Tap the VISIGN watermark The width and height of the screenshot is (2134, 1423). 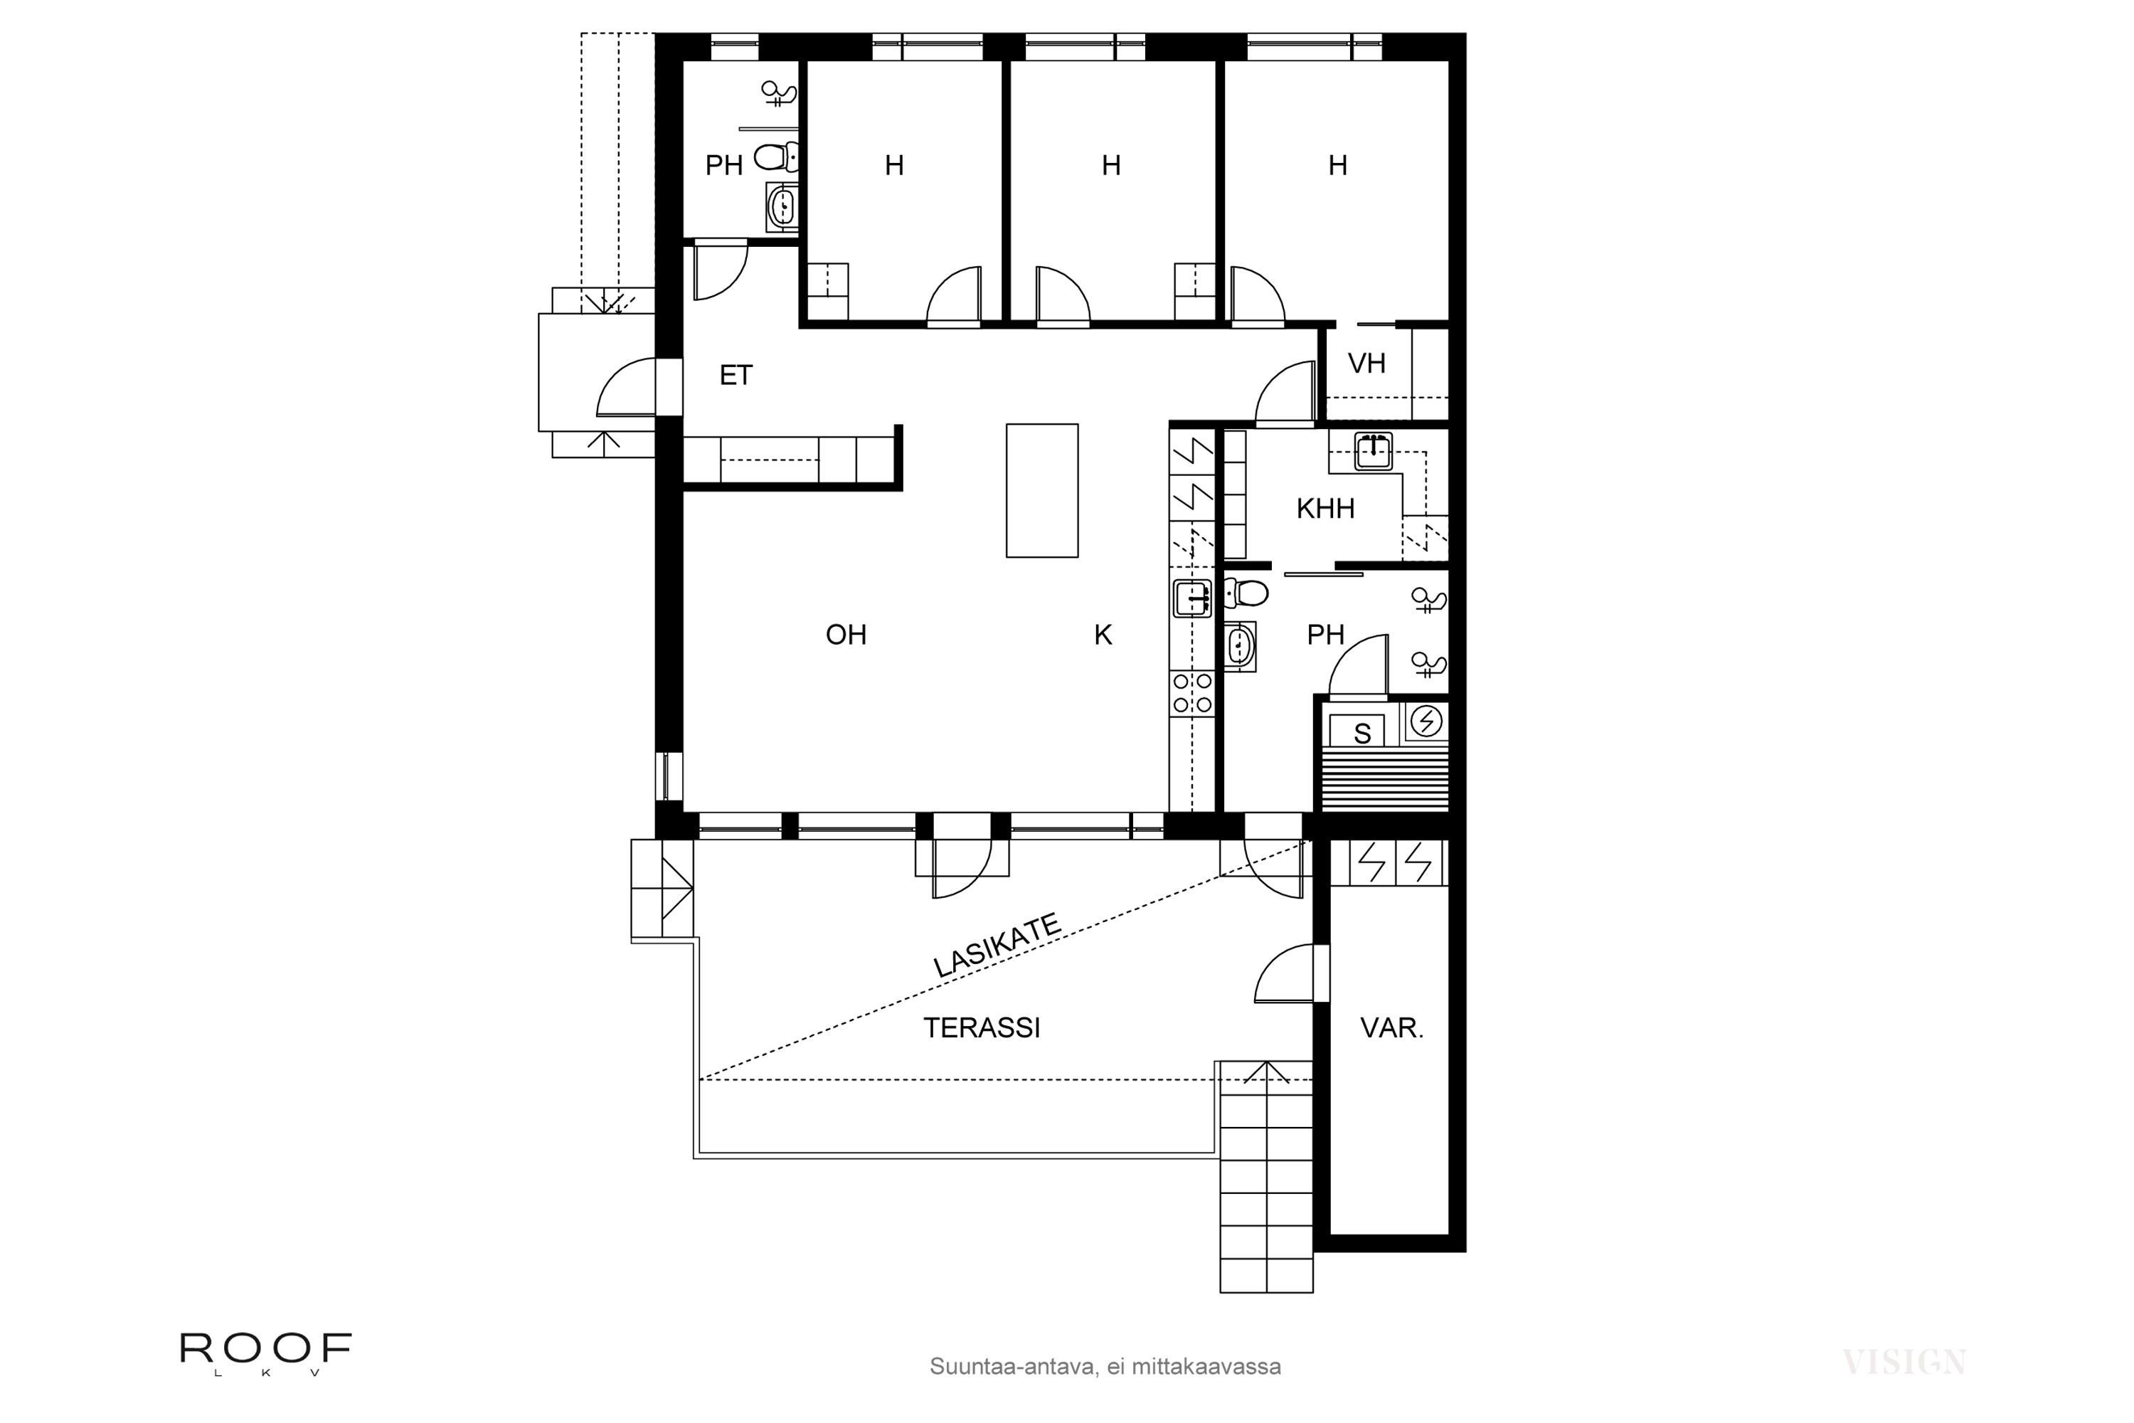(x=1904, y=1363)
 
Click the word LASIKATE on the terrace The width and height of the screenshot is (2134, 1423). (x=997, y=946)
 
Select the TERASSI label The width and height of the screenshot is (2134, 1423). (x=981, y=1028)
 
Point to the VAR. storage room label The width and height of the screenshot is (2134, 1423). (x=1391, y=1028)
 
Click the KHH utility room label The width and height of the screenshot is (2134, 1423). (x=1325, y=509)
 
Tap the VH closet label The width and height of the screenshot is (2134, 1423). (x=1366, y=364)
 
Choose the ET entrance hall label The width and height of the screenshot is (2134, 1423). (x=735, y=376)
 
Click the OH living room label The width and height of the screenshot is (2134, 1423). (x=846, y=635)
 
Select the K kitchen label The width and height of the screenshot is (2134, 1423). (x=1103, y=635)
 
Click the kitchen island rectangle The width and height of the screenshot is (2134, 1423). (x=1041, y=490)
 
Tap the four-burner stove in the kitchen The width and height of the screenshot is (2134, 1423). (x=1191, y=692)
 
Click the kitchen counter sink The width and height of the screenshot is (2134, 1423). (x=1191, y=598)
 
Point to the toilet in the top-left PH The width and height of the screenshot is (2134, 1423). (x=773, y=158)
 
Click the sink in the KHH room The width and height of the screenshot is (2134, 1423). (x=1373, y=451)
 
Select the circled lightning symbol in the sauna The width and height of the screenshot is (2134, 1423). (x=1426, y=721)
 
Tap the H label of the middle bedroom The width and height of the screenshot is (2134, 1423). (x=1110, y=165)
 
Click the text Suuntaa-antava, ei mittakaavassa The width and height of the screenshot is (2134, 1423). (x=1104, y=1367)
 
